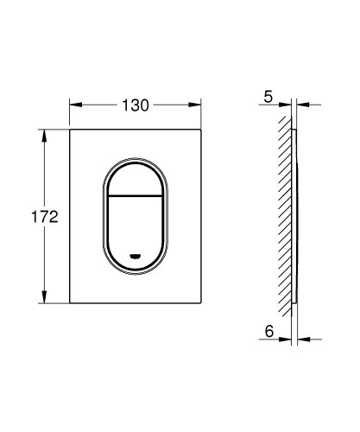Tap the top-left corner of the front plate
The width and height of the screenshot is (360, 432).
tap(71, 131)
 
